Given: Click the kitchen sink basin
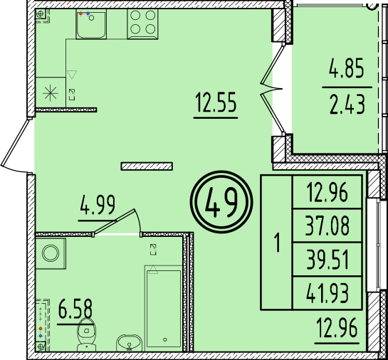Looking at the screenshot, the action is tap(91, 24).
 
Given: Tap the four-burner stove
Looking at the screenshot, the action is tap(142, 24).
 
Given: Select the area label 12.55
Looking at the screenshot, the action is tap(216, 102).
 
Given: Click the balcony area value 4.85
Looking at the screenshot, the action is tap(347, 68).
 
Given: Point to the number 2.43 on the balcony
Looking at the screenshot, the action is tap(347, 105).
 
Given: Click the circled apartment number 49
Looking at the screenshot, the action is tap(221, 202).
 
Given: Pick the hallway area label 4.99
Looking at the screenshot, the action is tap(98, 205).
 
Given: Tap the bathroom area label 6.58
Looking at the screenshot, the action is tap(75, 309).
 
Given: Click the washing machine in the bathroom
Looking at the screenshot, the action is tap(51, 253).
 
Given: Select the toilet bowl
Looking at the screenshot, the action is tap(86, 334).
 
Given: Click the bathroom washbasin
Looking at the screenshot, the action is tap(129, 343).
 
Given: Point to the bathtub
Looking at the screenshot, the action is tap(164, 308).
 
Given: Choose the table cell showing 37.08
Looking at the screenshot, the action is tap(327, 226).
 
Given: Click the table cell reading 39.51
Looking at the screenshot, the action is tap(327, 260).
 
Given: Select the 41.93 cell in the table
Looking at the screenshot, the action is tap(327, 293).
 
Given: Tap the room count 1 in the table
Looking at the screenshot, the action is tap(278, 243).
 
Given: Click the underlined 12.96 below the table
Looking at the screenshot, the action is tap(337, 328).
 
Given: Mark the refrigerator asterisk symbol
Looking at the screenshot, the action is tap(51, 93).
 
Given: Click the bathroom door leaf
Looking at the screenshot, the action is tap(115, 221).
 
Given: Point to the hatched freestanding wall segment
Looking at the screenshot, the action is tap(147, 166).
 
